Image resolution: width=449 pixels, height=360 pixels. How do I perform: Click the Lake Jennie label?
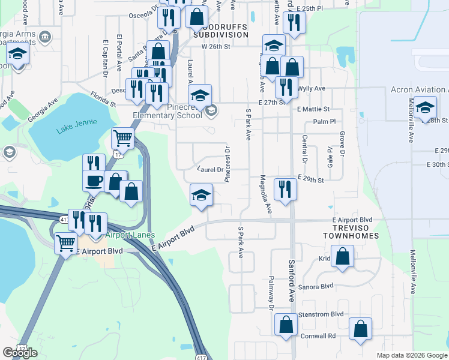coord(71,130)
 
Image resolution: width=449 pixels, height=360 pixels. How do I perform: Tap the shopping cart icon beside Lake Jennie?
coord(122,138)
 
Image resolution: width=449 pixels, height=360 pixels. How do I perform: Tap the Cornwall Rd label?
coord(324,336)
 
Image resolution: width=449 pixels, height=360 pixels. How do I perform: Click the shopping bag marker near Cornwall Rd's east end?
coord(360,329)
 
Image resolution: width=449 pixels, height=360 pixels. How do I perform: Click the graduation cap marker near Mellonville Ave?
coord(425,109)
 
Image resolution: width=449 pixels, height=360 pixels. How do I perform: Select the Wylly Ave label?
coord(312,88)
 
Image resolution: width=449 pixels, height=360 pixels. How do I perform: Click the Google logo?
coord(20,353)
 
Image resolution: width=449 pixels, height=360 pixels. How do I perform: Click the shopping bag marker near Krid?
coord(342,257)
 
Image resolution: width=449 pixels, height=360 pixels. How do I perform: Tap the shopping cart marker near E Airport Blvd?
coord(65,244)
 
